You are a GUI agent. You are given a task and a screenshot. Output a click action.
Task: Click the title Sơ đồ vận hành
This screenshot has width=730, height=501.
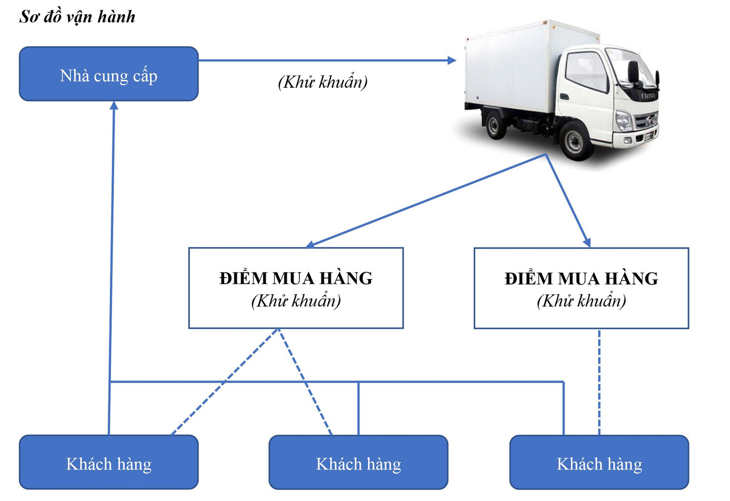(x=77, y=17)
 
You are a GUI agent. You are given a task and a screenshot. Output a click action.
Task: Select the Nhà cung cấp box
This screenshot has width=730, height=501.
(x=109, y=74)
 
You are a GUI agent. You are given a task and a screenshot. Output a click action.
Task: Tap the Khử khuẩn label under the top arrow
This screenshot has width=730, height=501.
(x=322, y=82)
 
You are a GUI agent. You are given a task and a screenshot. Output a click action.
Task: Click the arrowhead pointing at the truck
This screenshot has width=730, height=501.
(x=451, y=60)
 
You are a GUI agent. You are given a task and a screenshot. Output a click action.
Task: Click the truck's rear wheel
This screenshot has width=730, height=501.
(x=494, y=125)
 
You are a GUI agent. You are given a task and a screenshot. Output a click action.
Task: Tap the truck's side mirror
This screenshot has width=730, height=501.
(x=634, y=72)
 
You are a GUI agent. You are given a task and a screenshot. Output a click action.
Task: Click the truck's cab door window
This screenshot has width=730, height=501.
(x=587, y=71)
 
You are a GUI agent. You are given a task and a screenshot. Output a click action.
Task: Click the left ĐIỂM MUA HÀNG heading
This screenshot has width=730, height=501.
(x=296, y=278)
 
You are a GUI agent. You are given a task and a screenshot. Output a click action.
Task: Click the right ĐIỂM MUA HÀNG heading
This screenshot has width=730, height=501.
(x=581, y=278)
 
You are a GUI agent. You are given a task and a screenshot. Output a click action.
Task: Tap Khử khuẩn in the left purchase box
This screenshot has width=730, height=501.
(x=296, y=301)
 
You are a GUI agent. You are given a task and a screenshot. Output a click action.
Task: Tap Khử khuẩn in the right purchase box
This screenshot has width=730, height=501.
(x=581, y=301)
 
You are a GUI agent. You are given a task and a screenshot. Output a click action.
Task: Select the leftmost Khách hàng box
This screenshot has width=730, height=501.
(x=109, y=463)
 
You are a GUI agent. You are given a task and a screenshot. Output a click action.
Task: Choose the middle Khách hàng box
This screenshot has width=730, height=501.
(x=358, y=463)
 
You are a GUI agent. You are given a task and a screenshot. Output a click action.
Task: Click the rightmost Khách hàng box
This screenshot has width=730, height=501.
(x=599, y=463)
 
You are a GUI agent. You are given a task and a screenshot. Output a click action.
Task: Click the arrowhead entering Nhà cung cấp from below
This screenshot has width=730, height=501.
(x=114, y=106)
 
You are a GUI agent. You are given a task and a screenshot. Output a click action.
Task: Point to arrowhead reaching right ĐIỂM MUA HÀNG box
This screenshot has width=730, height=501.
(x=588, y=242)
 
